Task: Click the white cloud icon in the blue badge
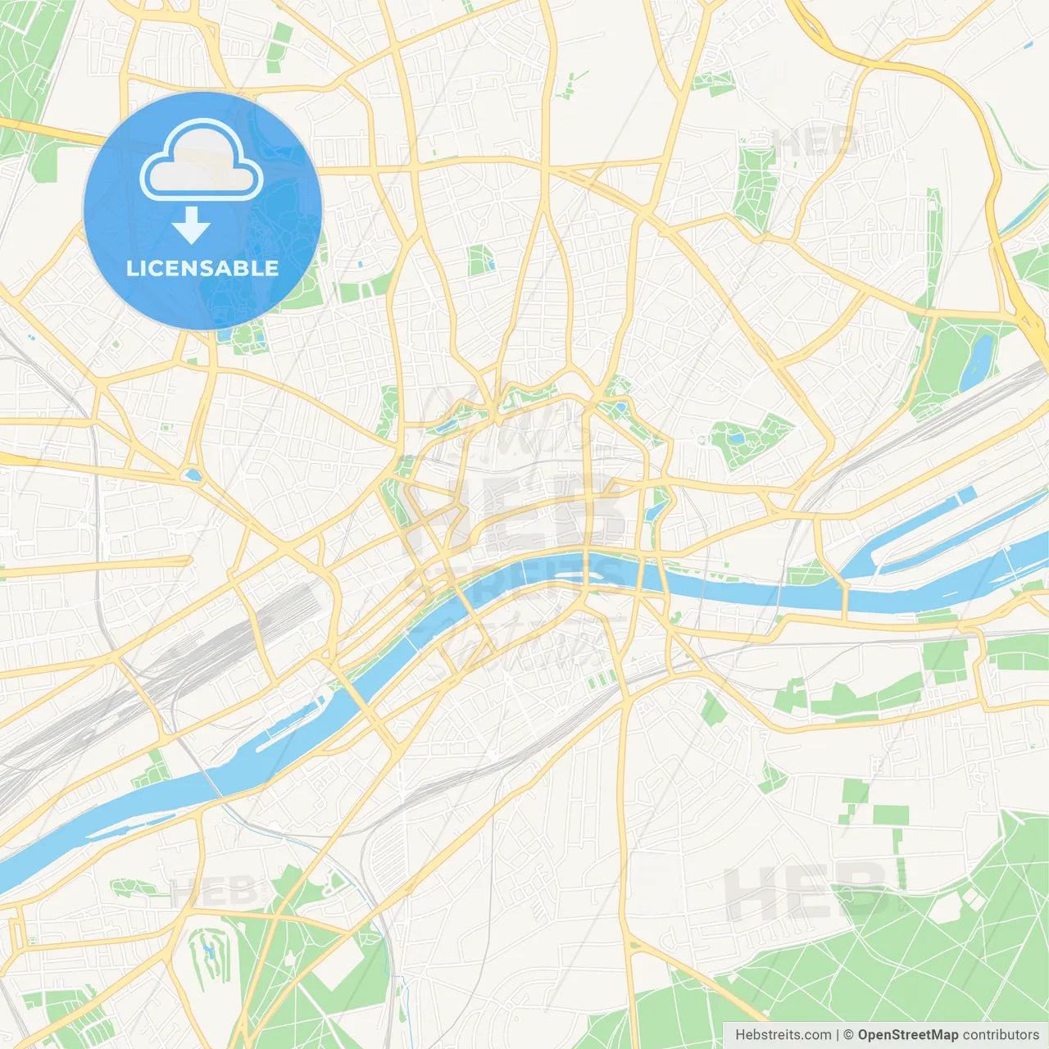pyautogui.click(x=202, y=162)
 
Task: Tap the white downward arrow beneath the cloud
pyautogui.click(x=192, y=225)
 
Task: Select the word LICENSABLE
pyautogui.click(x=202, y=268)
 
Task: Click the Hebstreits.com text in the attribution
pyautogui.click(x=783, y=1035)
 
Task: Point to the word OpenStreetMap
pyautogui.click(x=907, y=1035)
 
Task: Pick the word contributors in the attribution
pyautogui.click(x=1000, y=1035)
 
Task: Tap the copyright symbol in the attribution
pyautogui.click(x=848, y=1035)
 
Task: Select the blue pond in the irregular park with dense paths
pyautogui.click(x=738, y=438)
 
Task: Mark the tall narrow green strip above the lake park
pyautogui.click(x=933, y=246)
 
